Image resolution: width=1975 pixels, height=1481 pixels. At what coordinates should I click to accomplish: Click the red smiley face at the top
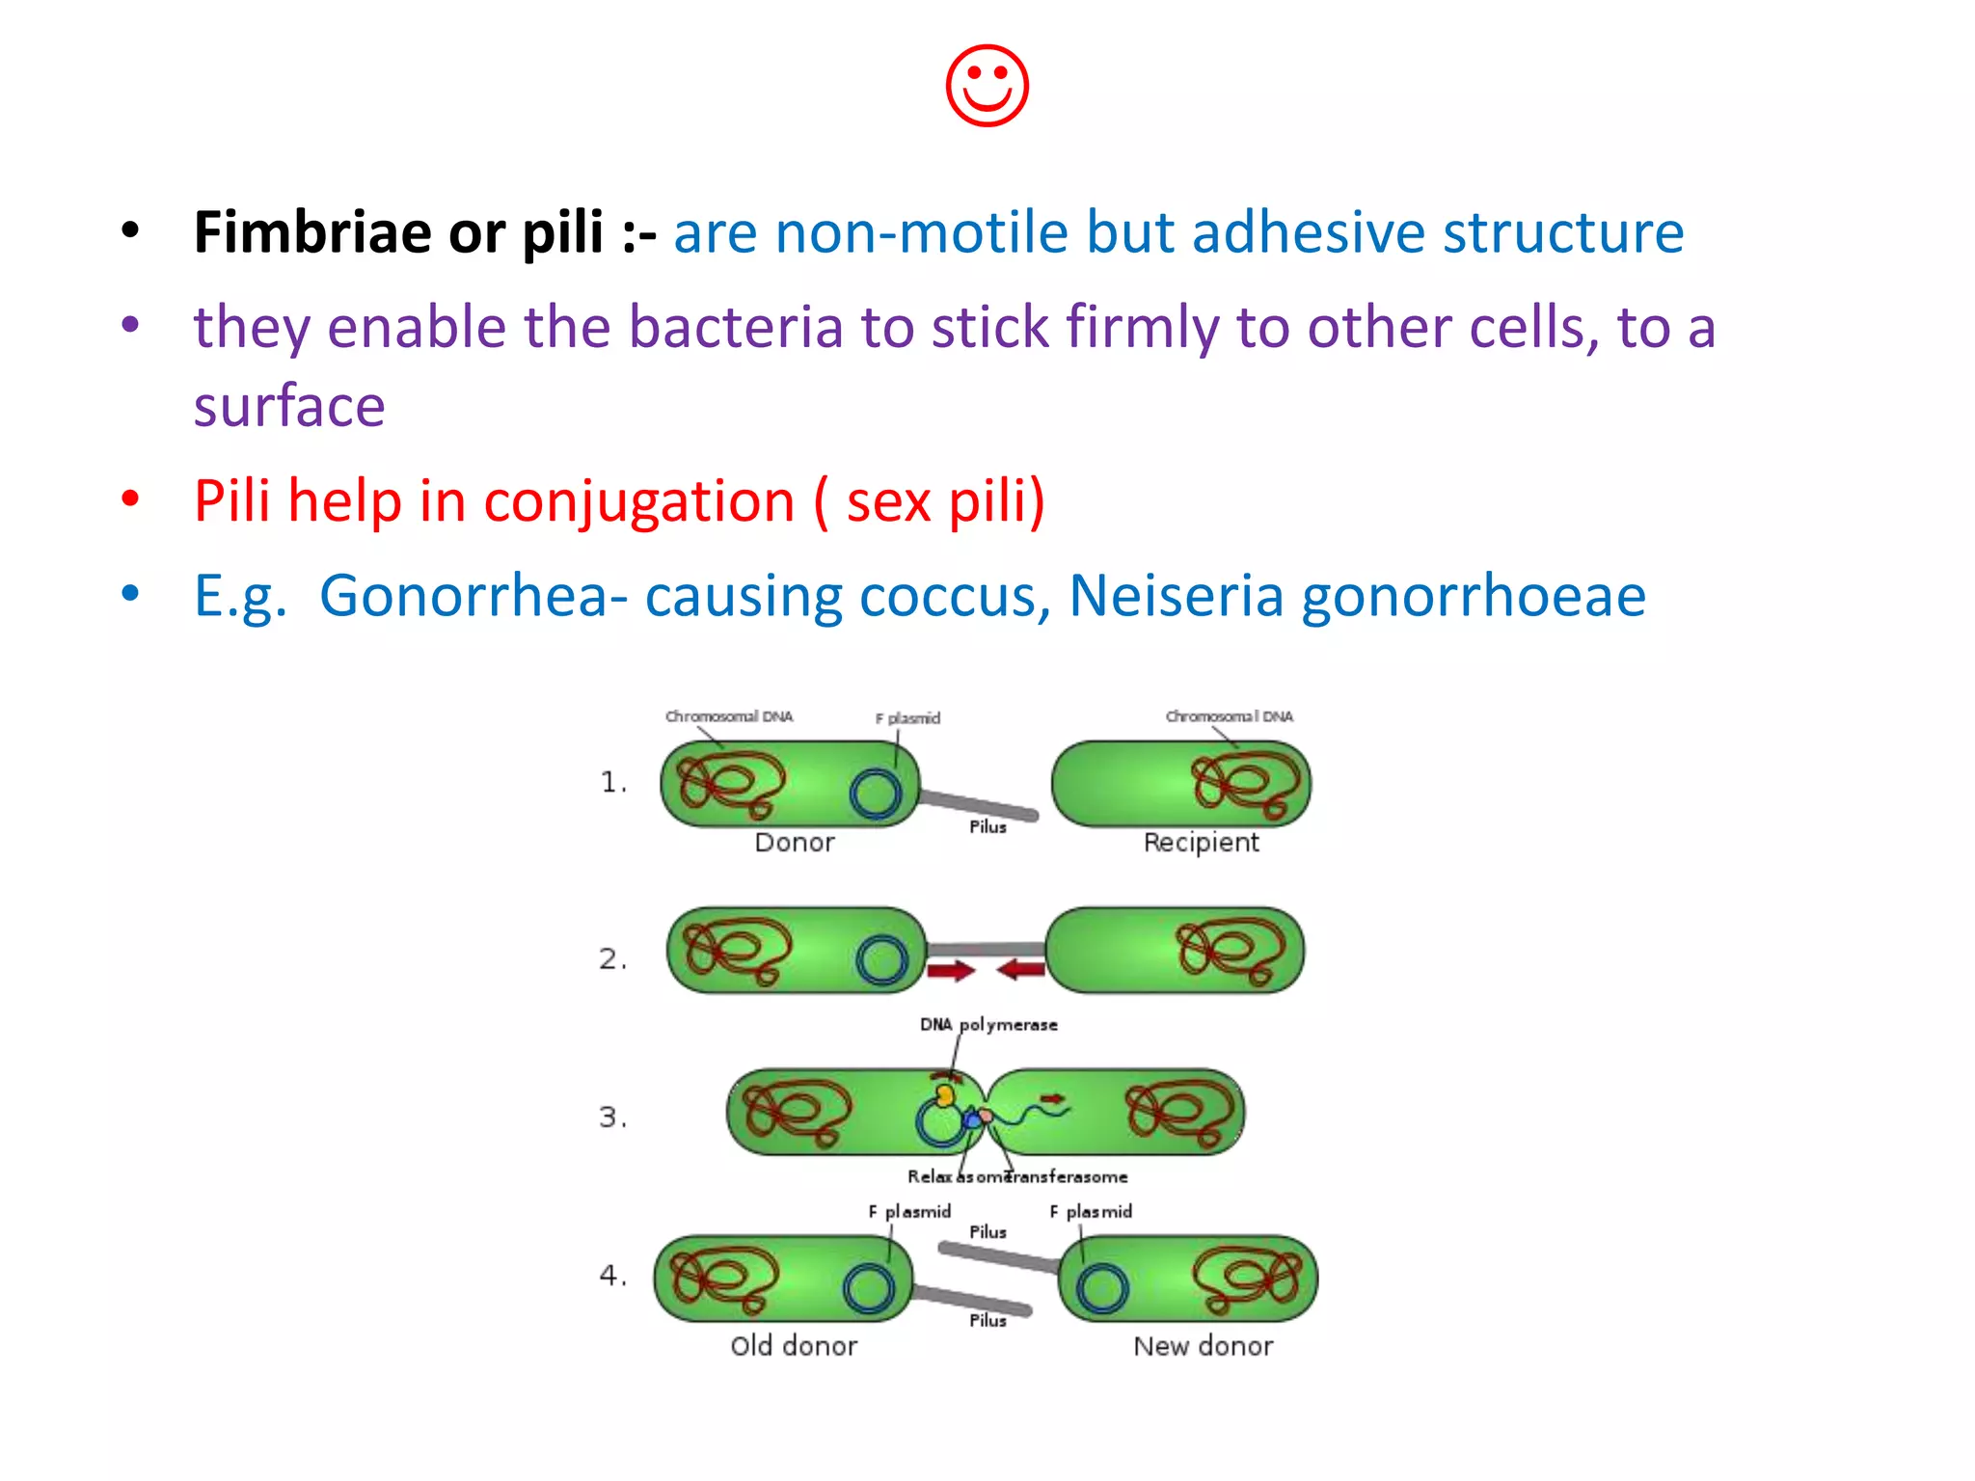(987, 85)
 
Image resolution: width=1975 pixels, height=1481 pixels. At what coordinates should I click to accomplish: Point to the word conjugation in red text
(639, 501)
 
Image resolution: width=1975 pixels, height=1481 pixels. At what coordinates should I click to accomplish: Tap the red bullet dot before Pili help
(130, 498)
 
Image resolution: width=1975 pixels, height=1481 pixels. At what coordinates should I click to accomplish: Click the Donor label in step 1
(794, 843)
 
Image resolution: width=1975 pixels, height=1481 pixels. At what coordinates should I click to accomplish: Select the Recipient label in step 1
(1201, 843)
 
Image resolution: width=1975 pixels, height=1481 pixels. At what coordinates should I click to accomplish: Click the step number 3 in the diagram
(611, 1117)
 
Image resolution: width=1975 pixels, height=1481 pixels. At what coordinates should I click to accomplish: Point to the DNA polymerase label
(988, 1024)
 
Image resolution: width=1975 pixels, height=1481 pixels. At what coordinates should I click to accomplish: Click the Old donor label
(794, 1346)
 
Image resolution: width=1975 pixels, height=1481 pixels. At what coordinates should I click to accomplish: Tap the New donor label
(1203, 1346)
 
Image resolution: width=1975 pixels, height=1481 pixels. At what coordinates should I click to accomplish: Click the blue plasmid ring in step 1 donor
(875, 794)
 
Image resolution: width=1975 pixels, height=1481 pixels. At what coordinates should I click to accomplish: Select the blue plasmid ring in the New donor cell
(1102, 1288)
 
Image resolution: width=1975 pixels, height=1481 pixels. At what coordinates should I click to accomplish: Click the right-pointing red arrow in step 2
(951, 970)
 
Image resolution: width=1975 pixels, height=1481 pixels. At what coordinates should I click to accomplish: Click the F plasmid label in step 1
(907, 718)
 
